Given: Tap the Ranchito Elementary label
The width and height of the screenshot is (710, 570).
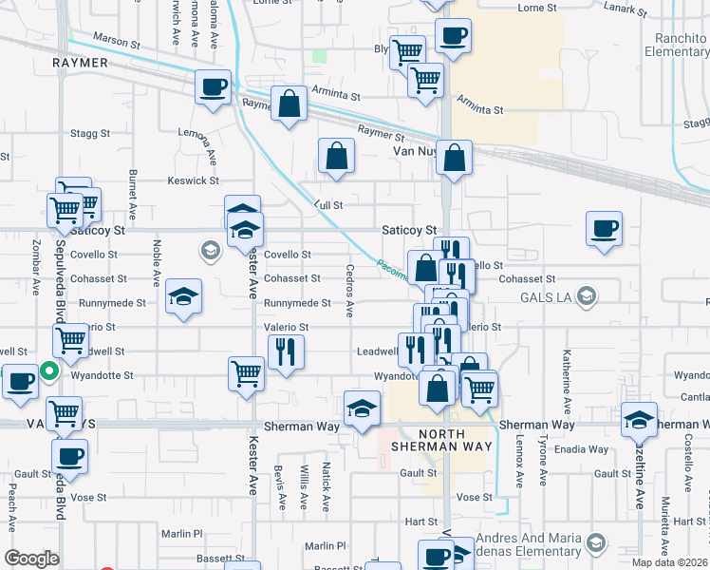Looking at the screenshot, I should tap(677, 45).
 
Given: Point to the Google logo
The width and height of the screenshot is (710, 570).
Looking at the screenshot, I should tap(31, 559).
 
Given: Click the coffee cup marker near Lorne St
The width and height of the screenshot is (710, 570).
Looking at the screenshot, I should tap(453, 36).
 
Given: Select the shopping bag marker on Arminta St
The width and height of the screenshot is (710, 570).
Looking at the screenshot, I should tap(288, 104).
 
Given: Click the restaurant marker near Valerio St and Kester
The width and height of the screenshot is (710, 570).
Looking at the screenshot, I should tap(285, 351).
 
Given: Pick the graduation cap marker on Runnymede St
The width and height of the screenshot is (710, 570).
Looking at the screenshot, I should tap(184, 296).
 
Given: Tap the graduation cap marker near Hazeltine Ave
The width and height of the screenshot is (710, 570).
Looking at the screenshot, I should tap(640, 420).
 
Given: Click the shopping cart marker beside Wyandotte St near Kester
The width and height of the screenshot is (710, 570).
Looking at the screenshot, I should tap(247, 372).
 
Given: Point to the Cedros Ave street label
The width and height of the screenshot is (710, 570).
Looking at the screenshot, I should tap(349, 297).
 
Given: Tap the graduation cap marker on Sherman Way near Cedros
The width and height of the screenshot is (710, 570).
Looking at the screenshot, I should tap(362, 408).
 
